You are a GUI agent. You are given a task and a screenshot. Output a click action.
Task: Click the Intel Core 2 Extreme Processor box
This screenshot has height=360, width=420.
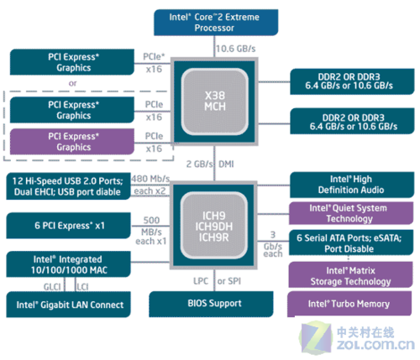tap(216, 23)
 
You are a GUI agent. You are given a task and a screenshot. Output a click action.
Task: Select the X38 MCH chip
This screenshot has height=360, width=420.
tap(214, 102)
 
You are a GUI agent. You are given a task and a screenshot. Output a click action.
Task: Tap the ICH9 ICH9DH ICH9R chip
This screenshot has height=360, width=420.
tap(213, 226)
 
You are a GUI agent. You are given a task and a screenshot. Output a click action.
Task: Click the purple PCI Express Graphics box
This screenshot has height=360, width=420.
tap(72, 142)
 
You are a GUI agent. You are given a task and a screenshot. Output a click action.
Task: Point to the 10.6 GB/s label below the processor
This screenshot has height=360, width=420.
tap(235, 49)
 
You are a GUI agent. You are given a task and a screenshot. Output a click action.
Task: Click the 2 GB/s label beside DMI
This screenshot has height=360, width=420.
tap(200, 164)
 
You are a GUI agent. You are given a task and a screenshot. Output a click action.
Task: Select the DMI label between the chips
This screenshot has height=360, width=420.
tap(226, 164)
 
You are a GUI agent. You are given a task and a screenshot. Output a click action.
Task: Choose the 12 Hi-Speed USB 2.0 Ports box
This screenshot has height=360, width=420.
tap(68, 186)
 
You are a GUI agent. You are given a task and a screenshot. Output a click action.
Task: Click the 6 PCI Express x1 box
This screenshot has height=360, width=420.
tap(68, 226)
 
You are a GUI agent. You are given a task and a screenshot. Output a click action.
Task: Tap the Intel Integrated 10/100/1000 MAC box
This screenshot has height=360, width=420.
tap(68, 264)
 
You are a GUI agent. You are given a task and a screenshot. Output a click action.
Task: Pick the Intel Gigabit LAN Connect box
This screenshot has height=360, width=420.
tap(68, 305)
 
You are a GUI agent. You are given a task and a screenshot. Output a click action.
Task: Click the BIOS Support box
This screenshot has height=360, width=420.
tap(211, 304)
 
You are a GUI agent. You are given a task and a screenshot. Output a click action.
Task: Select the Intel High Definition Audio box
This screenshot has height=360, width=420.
tap(352, 185)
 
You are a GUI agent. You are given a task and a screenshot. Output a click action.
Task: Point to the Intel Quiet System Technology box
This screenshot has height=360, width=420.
tap(351, 213)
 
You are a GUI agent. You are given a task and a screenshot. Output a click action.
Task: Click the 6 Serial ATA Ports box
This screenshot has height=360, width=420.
tap(351, 243)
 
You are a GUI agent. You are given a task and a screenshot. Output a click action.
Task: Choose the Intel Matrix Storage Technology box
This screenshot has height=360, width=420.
tap(350, 275)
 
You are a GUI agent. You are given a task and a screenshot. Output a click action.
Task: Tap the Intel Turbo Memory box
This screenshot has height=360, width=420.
tap(349, 304)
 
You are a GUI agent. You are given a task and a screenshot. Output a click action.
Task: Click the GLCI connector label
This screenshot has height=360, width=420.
tap(52, 287)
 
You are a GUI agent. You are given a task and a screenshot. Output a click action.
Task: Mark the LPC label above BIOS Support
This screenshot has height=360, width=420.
tap(201, 281)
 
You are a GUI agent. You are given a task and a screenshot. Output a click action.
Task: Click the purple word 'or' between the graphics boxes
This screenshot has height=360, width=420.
tap(72, 83)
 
